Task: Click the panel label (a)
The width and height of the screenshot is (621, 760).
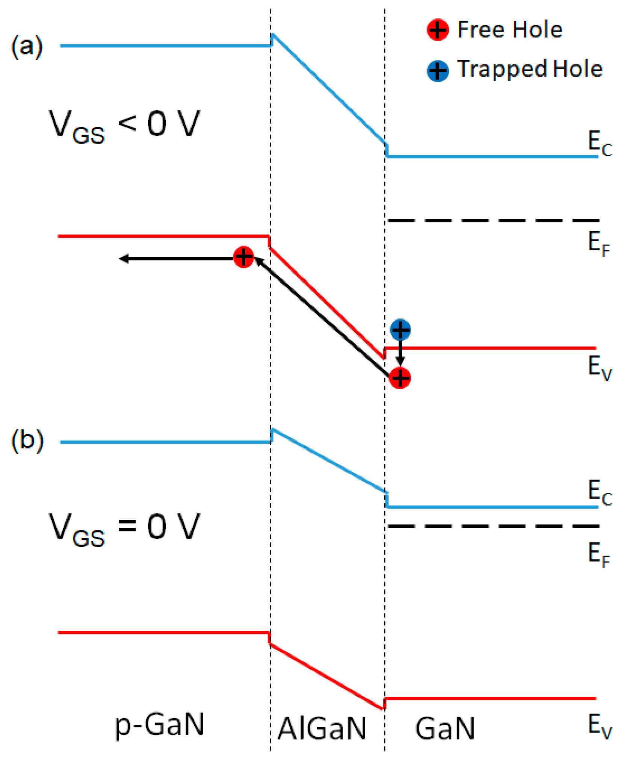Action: tap(26, 47)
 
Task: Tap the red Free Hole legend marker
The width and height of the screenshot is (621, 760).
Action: tap(437, 30)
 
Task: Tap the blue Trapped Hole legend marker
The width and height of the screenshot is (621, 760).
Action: tap(437, 70)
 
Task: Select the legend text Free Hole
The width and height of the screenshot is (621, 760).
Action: tap(509, 30)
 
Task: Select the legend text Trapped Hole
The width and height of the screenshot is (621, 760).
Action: tap(530, 69)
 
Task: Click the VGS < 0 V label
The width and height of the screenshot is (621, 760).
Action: tap(124, 126)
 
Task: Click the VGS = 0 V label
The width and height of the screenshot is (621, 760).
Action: tap(124, 528)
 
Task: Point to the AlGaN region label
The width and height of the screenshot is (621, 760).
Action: tap(322, 728)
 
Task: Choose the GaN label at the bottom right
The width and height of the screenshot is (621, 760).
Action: tap(445, 728)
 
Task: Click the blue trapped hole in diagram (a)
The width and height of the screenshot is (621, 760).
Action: tap(400, 330)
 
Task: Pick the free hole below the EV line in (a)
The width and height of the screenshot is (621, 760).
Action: tap(399, 378)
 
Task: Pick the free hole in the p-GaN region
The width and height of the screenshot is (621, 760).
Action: tap(243, 257)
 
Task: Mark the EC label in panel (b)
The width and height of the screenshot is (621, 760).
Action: tap(600, 492)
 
